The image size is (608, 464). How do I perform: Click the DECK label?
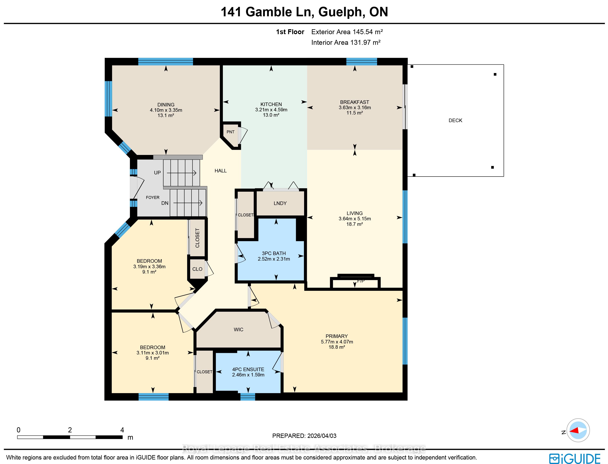[x=455, y=120]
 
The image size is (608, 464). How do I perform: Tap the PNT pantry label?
[x=231, y=132]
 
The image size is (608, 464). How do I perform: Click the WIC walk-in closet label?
[x=238, y=329]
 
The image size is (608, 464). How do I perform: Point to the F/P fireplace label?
[x=361, y=281]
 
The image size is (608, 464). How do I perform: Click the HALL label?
[x=221, y=171]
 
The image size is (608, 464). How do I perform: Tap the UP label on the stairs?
[x=157, y=173]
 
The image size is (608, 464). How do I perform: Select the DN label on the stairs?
[x=165, y=203]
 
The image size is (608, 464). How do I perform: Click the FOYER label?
[x=153, y=198]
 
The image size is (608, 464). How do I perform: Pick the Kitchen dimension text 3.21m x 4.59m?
[x=271, y=110]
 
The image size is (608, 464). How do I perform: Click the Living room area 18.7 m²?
[x=355, y=224]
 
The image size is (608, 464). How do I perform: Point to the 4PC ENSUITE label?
[x=248, y=369]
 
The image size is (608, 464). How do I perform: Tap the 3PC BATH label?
[x=274, y=253]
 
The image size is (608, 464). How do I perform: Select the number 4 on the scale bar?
[x=122, y=430]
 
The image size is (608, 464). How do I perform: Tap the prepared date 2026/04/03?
[x=322, y=436]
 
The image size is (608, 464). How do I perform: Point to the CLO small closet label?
[x=197, y=269]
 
